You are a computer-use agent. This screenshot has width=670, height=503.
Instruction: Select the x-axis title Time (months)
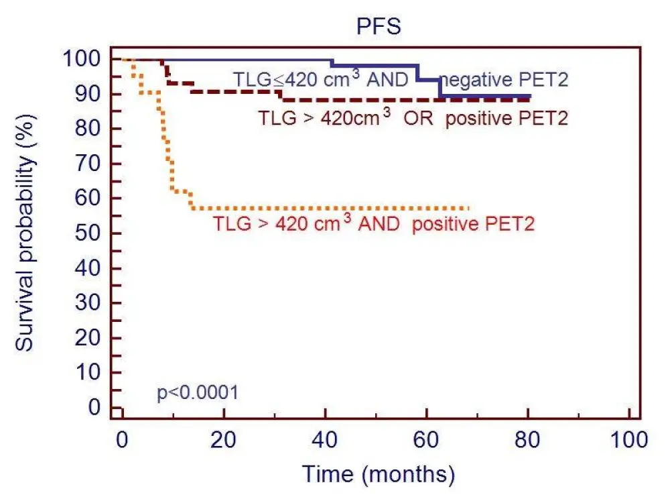378,473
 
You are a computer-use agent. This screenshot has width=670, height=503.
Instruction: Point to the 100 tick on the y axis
82,59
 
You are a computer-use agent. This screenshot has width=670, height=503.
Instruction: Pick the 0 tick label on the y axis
95,407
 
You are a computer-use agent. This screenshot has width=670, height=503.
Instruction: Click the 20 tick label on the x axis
223,441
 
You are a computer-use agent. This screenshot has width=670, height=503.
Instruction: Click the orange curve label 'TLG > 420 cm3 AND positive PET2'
374,223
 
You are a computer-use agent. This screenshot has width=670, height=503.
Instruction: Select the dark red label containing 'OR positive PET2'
413,119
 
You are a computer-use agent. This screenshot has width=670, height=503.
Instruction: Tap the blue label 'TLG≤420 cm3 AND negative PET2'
401,80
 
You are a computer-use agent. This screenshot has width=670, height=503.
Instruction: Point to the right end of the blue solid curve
529,97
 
